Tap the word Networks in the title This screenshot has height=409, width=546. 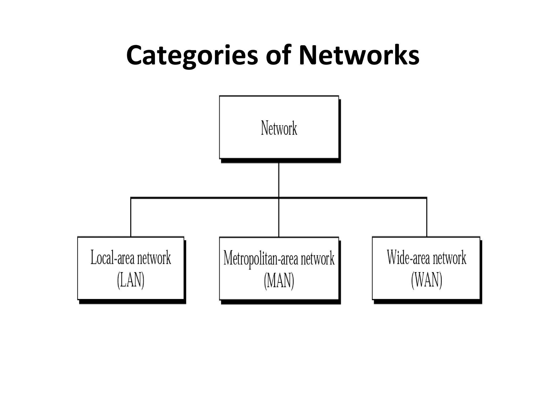point(359,55)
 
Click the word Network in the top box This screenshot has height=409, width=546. point(279,128)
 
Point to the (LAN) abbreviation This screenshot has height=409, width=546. point(131,280)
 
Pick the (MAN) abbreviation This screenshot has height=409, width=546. point(279,281)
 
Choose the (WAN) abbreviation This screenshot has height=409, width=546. point(427,280)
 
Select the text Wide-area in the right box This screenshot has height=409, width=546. point(408,258)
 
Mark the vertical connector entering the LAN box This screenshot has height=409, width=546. point(131,217)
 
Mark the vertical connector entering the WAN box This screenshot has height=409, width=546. point(427,217)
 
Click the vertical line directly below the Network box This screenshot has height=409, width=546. point(279,180)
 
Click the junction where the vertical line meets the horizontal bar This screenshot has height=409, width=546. point(279,198)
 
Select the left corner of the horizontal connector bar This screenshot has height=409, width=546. point(131,198)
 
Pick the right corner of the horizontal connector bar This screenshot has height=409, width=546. point(427,198)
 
